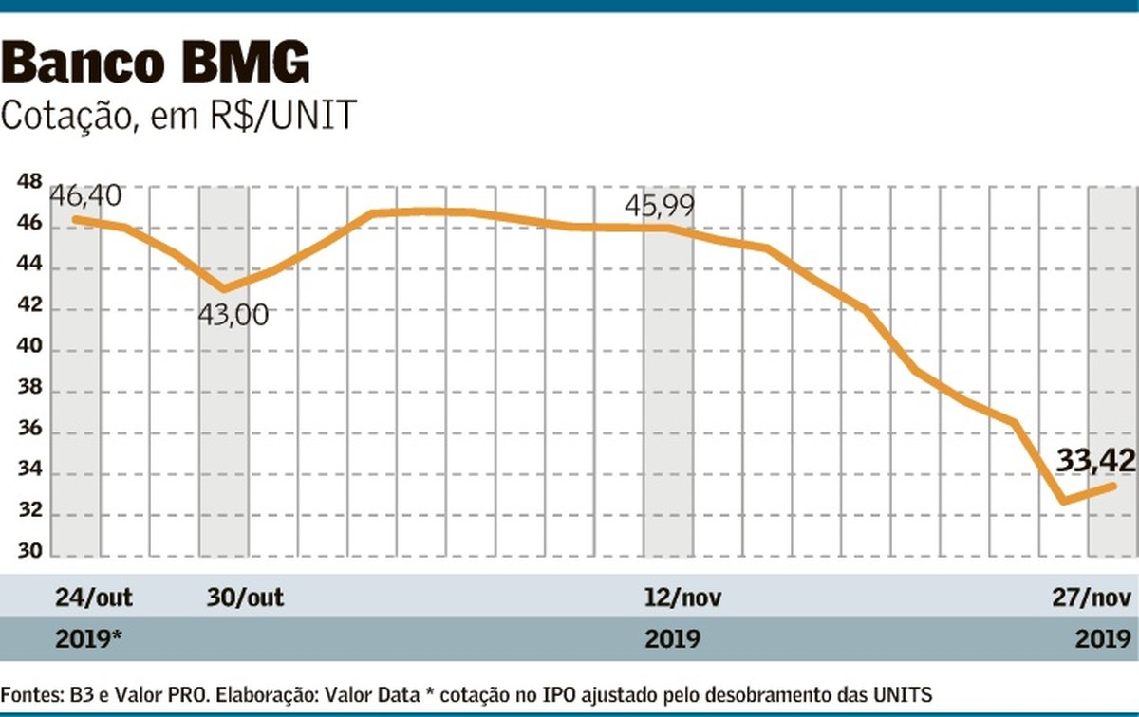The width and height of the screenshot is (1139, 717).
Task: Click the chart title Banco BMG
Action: tap(157, 64)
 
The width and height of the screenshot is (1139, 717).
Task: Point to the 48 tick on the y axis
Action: tap(28, 182)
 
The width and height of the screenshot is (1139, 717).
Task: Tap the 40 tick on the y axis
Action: tap(28, 350)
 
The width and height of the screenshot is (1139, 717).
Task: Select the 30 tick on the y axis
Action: tap(28, 556)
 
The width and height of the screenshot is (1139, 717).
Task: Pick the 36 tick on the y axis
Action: tap(28, 432)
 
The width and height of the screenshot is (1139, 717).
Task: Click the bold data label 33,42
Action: tap(1096, 462)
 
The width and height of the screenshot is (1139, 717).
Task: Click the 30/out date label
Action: tap(244, 597)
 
